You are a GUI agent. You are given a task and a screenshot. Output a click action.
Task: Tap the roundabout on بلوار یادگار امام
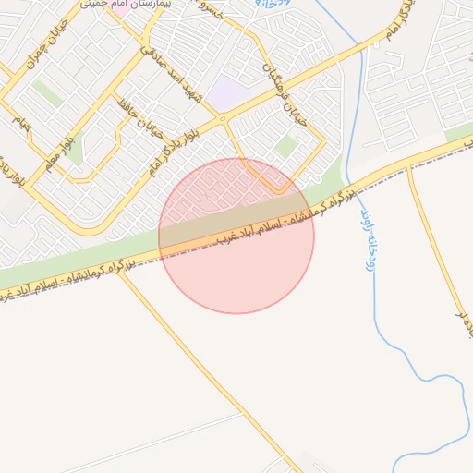(222, 118)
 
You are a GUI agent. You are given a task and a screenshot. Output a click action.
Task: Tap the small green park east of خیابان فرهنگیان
(285, 146)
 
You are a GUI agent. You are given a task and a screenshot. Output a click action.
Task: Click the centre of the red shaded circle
(236, 236)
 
